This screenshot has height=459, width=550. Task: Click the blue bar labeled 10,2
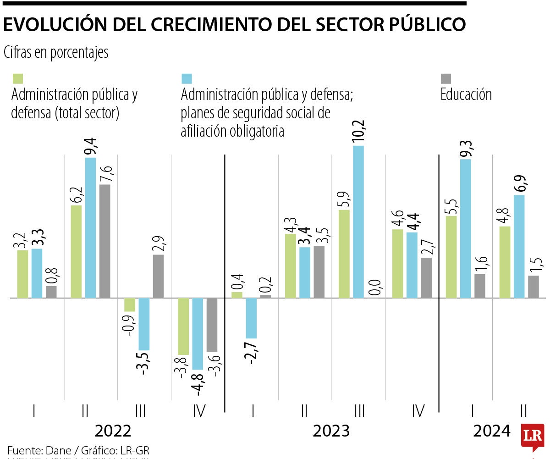(x=358, y=222)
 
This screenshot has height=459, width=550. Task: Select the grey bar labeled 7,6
(x=104, y=241)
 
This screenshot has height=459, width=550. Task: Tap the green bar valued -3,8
(x=183, y=326)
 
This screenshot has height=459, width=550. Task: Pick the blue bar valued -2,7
(x=251, y=318)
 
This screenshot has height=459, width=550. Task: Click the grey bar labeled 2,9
(x=158, y=276)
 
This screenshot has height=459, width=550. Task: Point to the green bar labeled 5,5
(x=451, y=257)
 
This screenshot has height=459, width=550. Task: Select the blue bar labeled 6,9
(x=519, y=246)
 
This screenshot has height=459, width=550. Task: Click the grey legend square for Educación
(x=446, y=79)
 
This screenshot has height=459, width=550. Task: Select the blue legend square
(x=187, y=79)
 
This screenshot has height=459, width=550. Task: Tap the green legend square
(x=17, y=79)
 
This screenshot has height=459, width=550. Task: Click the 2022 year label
(x=113, y=431)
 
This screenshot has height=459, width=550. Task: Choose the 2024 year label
(x=491, y=431)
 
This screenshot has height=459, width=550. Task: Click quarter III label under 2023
(x=359, y=411)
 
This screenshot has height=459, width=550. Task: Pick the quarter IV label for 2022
(x=199, y=411)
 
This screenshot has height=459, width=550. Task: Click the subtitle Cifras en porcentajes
(x=56, y=52)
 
